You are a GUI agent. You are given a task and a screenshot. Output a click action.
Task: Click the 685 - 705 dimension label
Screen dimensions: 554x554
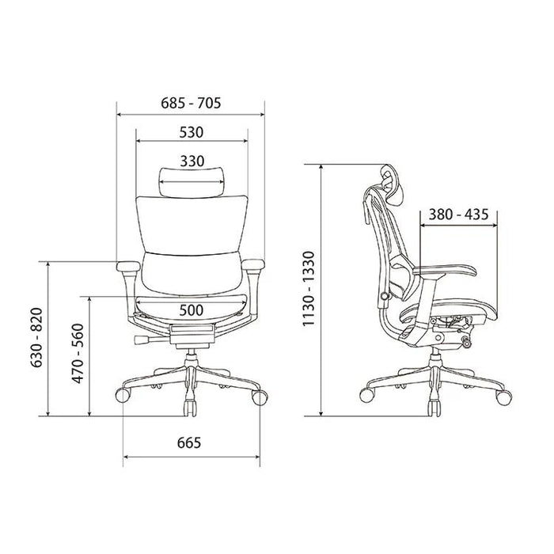click(191, 103)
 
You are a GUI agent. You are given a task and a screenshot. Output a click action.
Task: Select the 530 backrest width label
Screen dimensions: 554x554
click(192, 132)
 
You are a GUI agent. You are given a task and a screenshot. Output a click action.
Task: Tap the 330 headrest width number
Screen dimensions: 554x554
click(192, 161)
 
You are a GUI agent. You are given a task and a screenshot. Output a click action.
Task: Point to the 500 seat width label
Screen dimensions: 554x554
click(192, 310)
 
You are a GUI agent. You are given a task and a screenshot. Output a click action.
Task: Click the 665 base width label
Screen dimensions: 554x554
click(189, 442)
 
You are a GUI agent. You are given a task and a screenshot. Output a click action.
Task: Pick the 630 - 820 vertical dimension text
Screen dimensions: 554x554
click(36, 338)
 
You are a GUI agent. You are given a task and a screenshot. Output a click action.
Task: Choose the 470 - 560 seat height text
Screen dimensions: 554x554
click(78, 354)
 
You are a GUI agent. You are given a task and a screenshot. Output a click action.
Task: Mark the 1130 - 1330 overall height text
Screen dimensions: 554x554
click(308, 289)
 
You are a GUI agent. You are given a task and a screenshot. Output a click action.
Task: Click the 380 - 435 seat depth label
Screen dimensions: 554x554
click(458, 214)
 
